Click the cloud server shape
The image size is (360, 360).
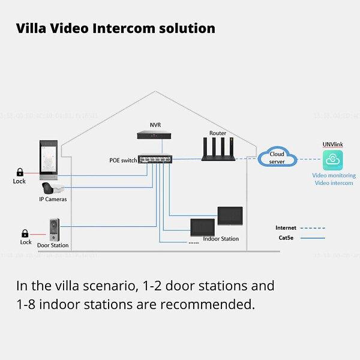[277, 158]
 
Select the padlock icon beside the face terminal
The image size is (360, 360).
[20, 172]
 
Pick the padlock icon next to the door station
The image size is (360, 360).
[25, 233]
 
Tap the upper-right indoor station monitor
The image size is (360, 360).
[230, 215]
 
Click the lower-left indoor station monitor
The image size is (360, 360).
[202, 227]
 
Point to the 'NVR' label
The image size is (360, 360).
[155, 125]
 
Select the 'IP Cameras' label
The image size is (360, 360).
[53, 199]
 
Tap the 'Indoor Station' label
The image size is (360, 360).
[221, 239]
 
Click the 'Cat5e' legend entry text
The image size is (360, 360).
[286, 238]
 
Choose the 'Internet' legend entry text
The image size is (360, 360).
[286, 228]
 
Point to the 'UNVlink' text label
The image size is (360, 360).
[332, 145]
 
